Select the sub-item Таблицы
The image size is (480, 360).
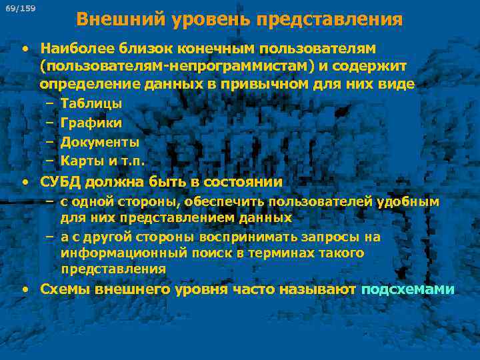coord(91,103)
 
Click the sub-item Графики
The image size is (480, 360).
coord(91,123)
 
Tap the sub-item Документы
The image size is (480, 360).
coord(99,142)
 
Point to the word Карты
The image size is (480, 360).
coord(79,161)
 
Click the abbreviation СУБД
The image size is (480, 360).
coord(61,181)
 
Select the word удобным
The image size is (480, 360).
coord(408,201)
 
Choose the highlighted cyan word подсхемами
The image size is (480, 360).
coord(407,289)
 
